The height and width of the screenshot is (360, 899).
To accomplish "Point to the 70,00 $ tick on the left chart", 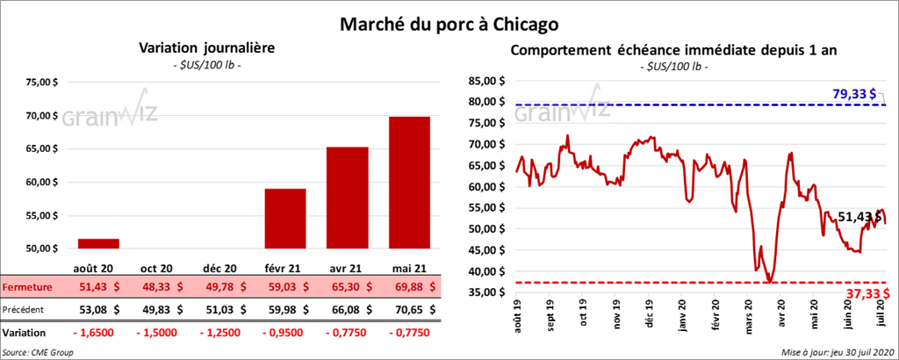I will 41,116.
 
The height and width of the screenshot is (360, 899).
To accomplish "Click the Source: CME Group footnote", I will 38,352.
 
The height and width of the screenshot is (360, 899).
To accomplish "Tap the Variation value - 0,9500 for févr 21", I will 285,334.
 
